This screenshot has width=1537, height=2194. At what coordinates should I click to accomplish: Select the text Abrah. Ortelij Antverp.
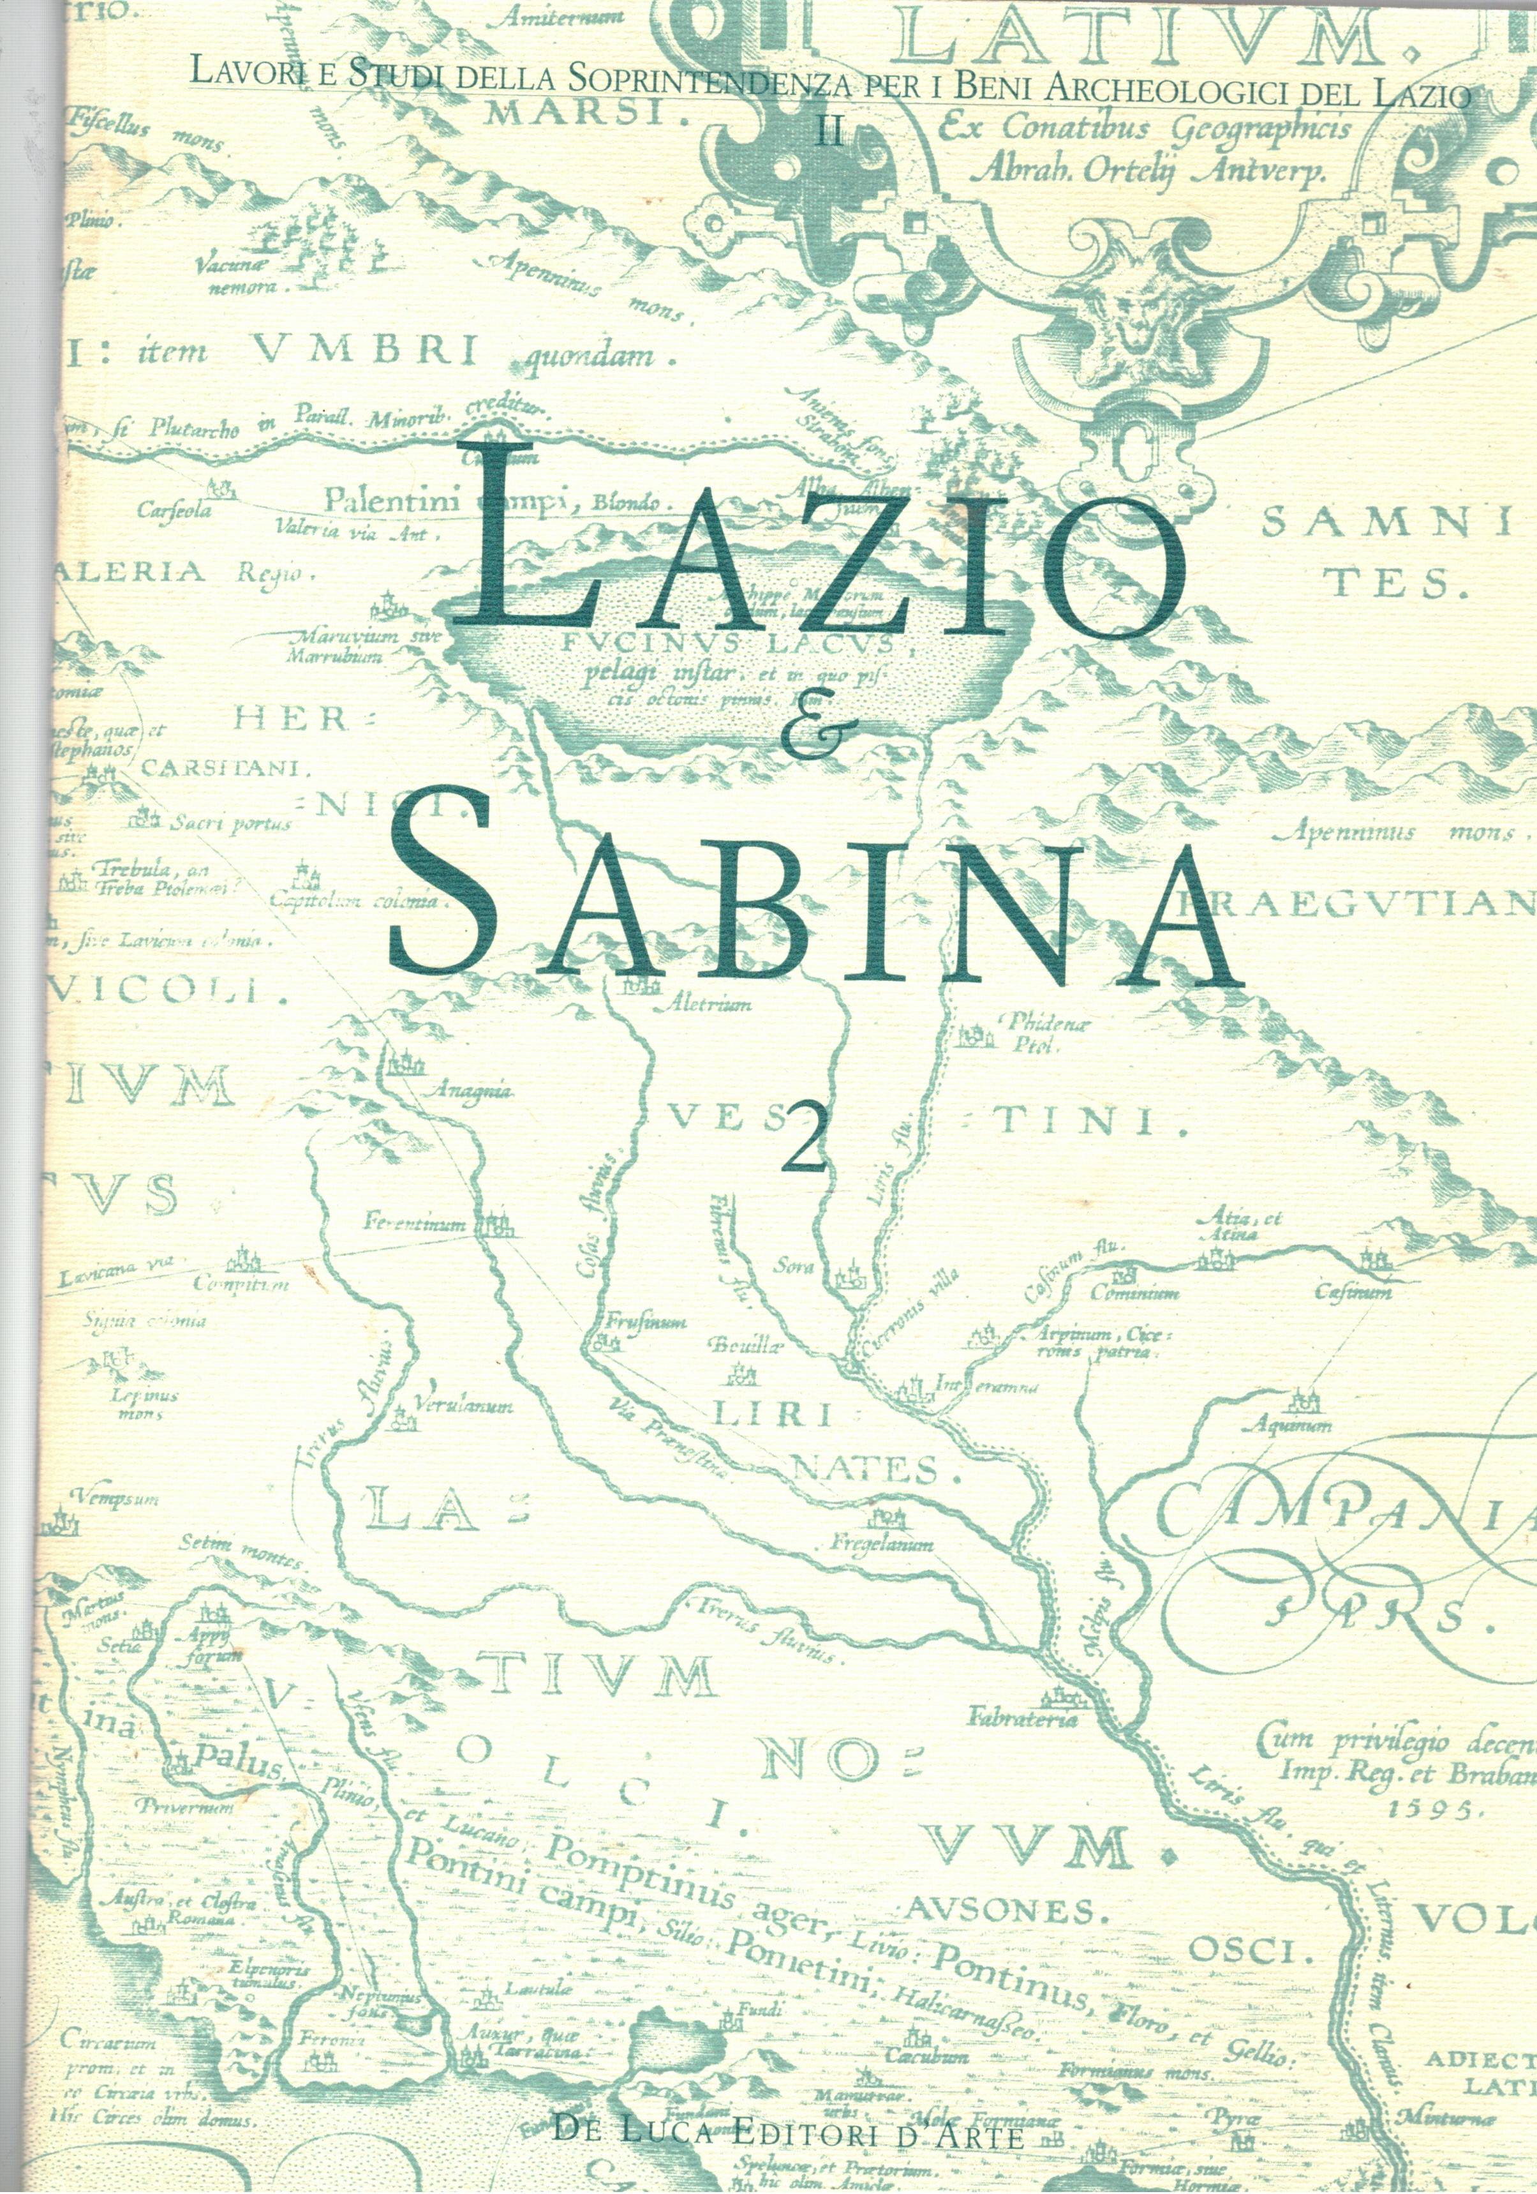click(x=1147, y=173)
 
